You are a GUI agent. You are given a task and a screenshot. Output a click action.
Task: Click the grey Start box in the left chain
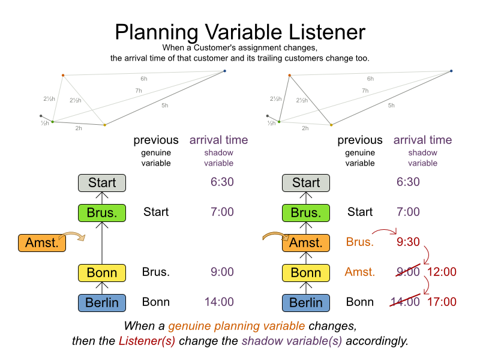point(102,183)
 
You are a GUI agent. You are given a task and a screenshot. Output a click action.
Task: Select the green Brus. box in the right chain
point(306,213)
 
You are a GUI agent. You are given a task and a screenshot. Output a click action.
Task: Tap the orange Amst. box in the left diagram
point(42,243)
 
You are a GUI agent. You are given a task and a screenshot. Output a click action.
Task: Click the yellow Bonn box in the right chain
point(306,273)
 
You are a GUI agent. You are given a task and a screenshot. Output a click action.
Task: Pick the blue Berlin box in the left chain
point(102,303)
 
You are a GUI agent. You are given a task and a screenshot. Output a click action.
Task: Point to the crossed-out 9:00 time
point(408,272)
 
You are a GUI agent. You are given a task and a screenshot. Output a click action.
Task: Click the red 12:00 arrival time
point(442,272)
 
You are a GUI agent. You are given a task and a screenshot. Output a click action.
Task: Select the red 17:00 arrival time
point(442,302)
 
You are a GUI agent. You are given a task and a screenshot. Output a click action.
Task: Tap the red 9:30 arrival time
point(408,242)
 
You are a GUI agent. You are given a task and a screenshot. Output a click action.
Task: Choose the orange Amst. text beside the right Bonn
point(360,272)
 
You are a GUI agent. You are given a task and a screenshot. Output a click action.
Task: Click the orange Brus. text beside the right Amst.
point(360,242)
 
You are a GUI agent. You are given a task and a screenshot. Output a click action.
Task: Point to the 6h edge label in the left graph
point(144,79)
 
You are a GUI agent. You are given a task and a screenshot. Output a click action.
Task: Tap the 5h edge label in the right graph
point(391,106)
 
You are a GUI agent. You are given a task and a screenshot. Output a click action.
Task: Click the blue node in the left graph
point(224,71)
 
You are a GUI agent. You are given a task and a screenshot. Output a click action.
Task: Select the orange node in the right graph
point(290,76)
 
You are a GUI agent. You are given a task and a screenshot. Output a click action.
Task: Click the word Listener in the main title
point(326,32)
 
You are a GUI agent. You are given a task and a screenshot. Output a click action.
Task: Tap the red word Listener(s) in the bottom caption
point(147,341)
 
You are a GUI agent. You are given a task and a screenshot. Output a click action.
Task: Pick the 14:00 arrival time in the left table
point(219,302)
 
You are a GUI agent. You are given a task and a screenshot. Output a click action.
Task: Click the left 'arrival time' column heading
point(218,140)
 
